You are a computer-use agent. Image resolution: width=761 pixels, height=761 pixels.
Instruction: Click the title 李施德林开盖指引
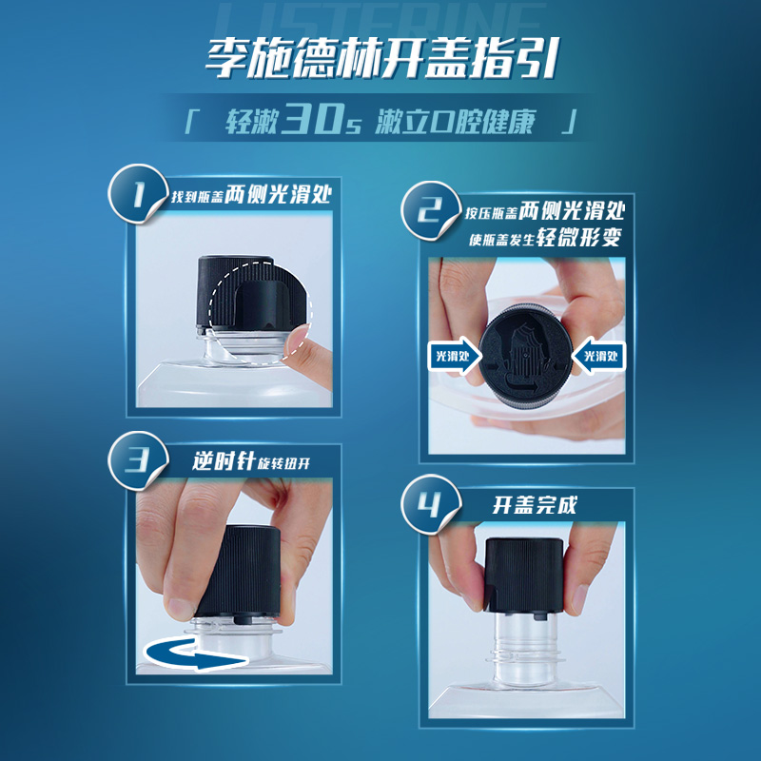(x=380, y=60)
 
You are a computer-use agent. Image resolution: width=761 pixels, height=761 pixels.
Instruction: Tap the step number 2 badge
(x=426, y=215)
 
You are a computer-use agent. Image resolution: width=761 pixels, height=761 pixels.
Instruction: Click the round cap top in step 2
(x=521, y=358)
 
